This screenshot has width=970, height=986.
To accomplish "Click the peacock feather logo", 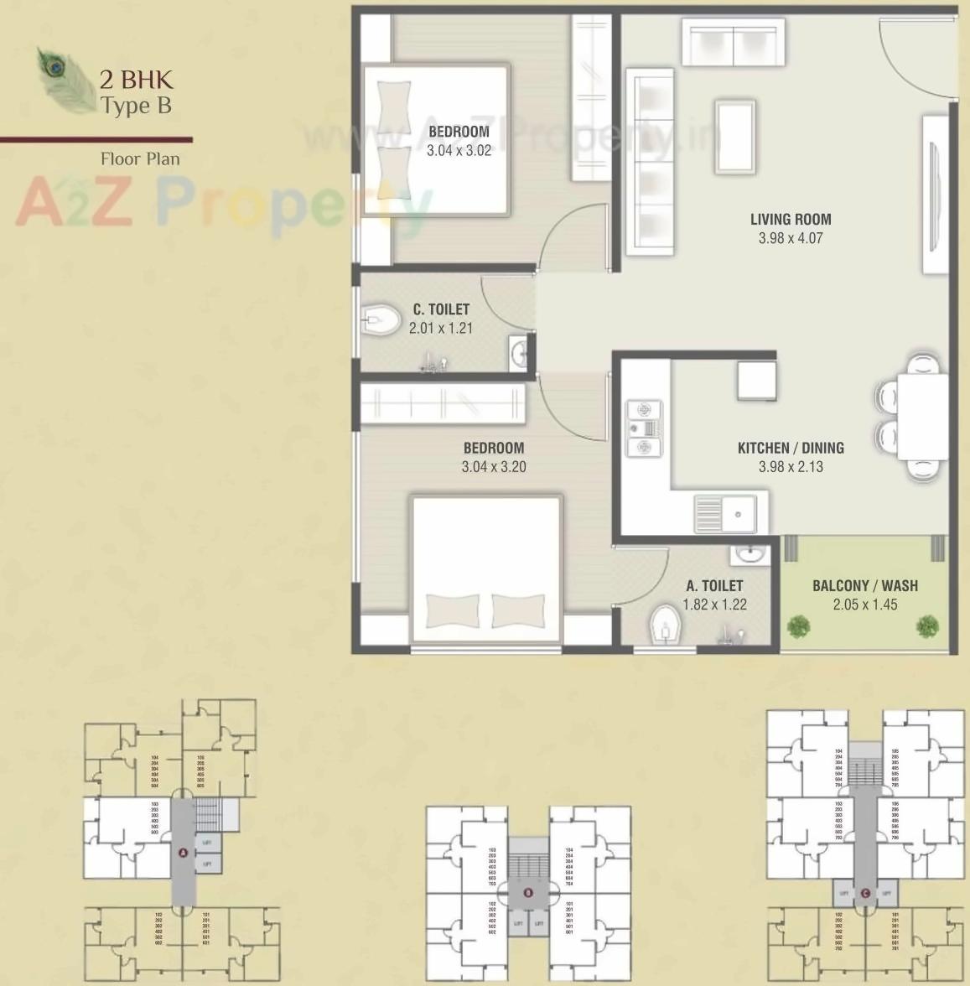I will point(65,79).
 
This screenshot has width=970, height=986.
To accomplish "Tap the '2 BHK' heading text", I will point(136,80).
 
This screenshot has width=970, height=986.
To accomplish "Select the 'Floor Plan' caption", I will point(140,158).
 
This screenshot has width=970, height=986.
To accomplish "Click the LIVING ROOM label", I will point(791,220).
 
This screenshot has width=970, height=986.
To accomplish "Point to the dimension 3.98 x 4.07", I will point(791,238).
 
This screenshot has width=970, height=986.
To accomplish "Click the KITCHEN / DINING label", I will point(791,448).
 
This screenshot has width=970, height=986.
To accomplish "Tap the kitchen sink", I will point(725,513).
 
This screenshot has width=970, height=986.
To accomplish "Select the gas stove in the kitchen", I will point(643,428).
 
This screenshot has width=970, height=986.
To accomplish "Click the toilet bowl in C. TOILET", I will point(383,319).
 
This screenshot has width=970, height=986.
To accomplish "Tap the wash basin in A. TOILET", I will point(746,554).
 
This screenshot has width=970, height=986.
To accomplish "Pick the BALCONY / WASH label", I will point(865,585).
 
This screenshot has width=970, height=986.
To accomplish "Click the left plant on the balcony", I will point(799,625).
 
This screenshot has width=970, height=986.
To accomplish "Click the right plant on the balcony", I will point(927,625).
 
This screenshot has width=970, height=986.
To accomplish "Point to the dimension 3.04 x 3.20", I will point(494,467).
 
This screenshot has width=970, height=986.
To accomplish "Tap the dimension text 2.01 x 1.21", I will point(441,328).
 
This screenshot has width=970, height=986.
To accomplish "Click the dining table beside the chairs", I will point(922,417).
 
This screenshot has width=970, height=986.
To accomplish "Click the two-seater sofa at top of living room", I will point(734,44).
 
